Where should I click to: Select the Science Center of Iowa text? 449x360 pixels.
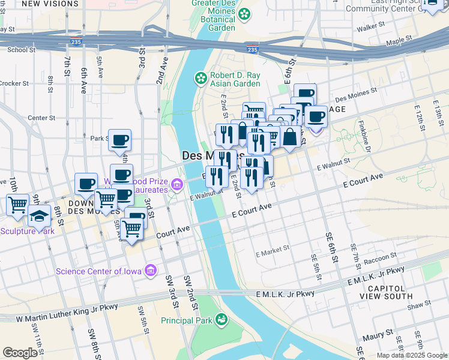pyautogui.click(x=98, y=271)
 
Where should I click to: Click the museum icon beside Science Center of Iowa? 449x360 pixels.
pyautogui.click(x=150, y=271)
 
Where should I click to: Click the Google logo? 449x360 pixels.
pyautogui.click(x=20, y=353)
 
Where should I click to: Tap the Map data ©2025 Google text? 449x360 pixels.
pyautogui.click(x=411, y=355)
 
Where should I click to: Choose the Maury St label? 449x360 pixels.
pyautogui.click(x=381, y=331)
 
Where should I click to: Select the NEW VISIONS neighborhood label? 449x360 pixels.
pyautogui.click(x=43, y=4)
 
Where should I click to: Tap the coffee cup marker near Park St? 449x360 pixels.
pyautogui.click(x=119, y=140)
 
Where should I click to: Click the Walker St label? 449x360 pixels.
pyautogui.click(x=370, y=28)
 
